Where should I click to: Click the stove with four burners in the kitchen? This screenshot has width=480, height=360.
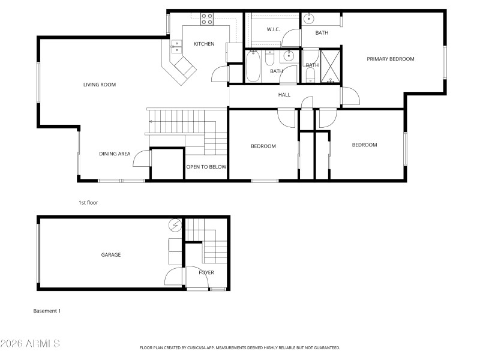click(x=207, y=19)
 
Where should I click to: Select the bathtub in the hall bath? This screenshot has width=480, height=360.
click(x=253, y=66)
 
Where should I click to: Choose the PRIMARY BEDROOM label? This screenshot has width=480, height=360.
click(x=391, y=59)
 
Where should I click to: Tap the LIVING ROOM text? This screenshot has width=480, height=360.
click(x=100, y=85)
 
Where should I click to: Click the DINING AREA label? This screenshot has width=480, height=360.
click(x=115, y=154)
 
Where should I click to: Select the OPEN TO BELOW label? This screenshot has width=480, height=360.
click(x=206, y=167)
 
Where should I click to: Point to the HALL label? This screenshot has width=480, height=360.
click(x=284, y=95)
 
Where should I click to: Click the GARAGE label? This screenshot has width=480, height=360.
click(x=110, y=254)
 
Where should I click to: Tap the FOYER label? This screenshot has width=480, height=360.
click(x=206, y=272)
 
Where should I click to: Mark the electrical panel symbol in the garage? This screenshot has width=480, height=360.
click(x=175, y=226)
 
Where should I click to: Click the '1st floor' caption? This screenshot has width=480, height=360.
click(x=88, y=203)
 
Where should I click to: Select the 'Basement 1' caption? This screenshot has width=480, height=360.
click(x=47, y=311)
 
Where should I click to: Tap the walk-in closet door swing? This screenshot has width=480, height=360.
click(x=291, y=38)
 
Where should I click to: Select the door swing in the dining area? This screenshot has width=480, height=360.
click(x=141, y=158)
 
